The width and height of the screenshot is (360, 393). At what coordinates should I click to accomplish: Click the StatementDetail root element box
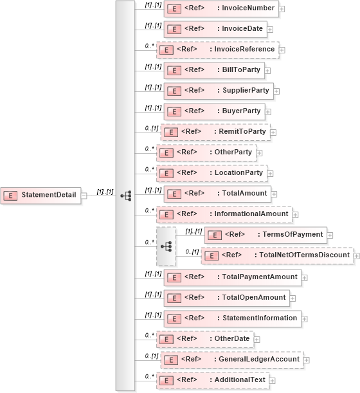pyautogui.click(x=41, y=195)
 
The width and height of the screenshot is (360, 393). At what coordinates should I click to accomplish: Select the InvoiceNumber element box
pyautogui.click(x=221, y=9)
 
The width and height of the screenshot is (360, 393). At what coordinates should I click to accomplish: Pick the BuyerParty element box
pyautogui.click(x=213, y=111)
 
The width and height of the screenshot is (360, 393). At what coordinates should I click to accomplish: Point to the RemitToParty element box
pyautogui.click(x=215, y=132)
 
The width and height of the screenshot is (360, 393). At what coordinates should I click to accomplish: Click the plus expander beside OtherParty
pyautogui.click(x=260, y=153)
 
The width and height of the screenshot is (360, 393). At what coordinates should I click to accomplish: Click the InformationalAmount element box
pyautogui.click(x=223, y=214)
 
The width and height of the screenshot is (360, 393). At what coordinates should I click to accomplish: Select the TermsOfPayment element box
pyautogui.click(x=265, y=234)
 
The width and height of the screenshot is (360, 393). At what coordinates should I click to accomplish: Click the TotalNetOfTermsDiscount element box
pyautogui.click(x=277, y=255)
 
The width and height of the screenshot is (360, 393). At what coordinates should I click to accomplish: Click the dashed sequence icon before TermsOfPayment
pyautogui.click(x=166, y=246)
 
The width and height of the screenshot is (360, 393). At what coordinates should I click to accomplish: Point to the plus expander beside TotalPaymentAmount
pyautogui.click(x=305, y=278)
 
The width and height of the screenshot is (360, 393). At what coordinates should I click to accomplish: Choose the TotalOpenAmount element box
pyautogui.click(x=226, y=297)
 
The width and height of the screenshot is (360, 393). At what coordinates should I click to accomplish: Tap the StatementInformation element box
pyautogui.click(x=232, y=318)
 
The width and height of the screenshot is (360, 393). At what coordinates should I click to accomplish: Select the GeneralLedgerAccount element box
pyautogui.click(x=231, y=359)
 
